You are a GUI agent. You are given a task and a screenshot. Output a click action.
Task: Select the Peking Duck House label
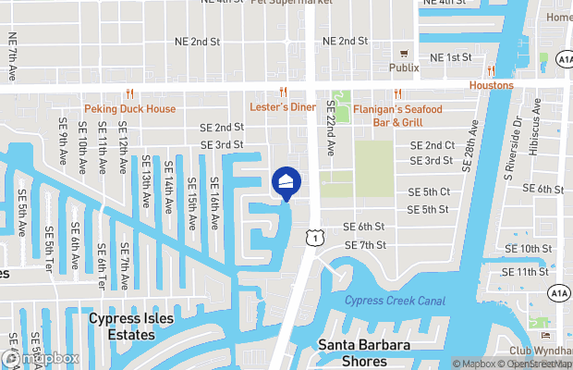[129, 108]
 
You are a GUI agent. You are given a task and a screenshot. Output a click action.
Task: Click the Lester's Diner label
[284, 106]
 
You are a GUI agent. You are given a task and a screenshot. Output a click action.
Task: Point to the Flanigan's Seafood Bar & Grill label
[397, 115]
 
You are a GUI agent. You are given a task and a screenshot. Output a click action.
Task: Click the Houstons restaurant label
[491, 85]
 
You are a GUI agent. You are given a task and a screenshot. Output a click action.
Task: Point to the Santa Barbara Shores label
[365, 352]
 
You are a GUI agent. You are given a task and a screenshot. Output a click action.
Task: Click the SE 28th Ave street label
[469, 146]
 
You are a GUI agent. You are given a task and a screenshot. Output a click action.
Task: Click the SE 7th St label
[365, 245]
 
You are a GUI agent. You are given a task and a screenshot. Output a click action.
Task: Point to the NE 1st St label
[452, 57]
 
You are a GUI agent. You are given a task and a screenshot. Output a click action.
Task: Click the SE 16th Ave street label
[213, 202]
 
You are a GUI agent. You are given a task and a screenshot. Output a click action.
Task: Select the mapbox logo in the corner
[42, 358]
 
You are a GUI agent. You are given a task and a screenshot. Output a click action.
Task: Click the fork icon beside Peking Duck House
[129, 93]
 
